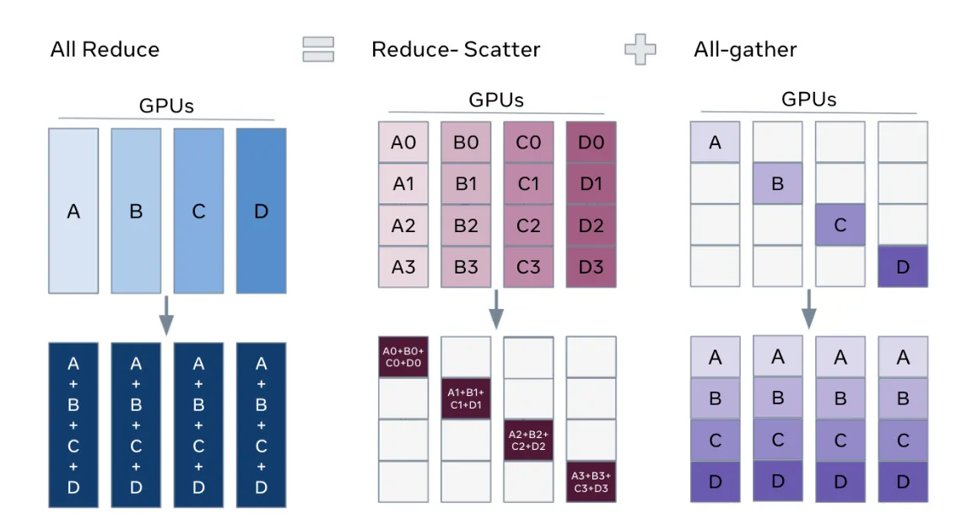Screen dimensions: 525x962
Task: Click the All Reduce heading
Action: (x=105, y=49)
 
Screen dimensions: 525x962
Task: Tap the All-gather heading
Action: (x=745, y=49)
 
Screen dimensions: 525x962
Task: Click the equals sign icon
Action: (x=318, y=49)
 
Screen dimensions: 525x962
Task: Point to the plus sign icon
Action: (x=640, y=49)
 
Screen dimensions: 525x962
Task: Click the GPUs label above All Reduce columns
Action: (x=166, y=106)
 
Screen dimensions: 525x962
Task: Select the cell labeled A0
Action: (x=404, y=143)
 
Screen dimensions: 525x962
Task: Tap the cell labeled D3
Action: (x=591, y=268)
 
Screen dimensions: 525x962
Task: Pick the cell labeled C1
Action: (x=528, y=184)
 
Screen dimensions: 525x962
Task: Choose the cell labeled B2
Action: (x=466, y=225)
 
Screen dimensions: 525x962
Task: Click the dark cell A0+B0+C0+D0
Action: (x=403, y=356)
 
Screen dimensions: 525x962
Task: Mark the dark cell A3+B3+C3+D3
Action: (x=591, y=481)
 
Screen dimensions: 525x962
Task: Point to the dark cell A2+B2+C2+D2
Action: (x=528, y=440)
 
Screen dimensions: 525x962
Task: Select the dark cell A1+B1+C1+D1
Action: (x=466, y=398)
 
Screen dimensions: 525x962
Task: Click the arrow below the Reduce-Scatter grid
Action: (x=496, y=311)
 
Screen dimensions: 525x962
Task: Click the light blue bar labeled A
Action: (x=73, y=211)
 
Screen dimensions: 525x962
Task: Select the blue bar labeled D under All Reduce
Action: (x=261, y=211)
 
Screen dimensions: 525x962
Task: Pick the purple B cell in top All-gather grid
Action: (x=777, y=184)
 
